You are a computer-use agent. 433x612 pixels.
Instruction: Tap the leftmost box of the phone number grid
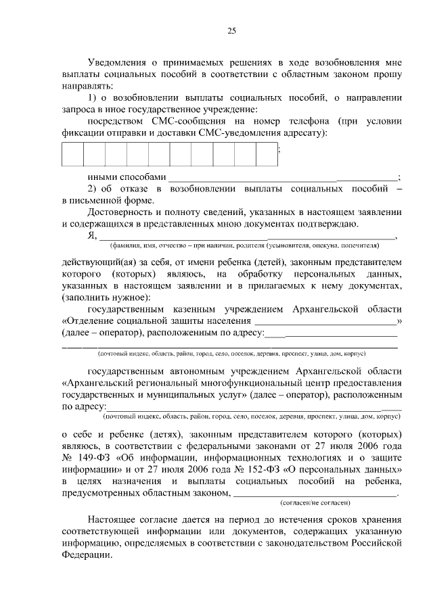coord(72,154)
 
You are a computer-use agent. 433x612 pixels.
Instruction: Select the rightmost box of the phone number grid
coord(267,154)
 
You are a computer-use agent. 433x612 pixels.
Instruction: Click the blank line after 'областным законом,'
coord(314,494)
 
